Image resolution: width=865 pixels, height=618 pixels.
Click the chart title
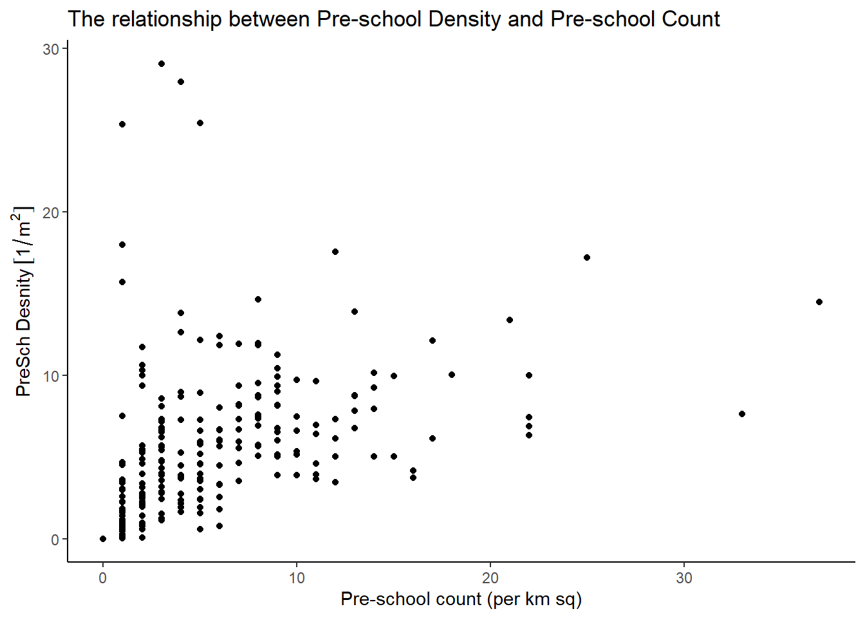(x=393, y=19)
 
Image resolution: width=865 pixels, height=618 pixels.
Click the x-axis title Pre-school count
(x=461, y=599)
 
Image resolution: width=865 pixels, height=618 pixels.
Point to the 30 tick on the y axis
(x=51, y=50)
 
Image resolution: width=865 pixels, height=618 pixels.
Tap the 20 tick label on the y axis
(x=51, y=213)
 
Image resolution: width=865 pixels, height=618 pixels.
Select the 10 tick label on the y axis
(x=51, y=376)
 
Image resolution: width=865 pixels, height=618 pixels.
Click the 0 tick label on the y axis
(x=55, y=539)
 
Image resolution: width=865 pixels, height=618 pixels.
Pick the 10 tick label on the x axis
(x=297, y=578)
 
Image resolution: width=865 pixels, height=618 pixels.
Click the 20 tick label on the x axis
(x=490, y=578)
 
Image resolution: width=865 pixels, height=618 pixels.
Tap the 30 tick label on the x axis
(x=684, y=578)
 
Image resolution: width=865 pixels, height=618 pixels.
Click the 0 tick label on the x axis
(x=103, y=578)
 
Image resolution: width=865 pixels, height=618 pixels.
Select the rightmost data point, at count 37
(x=819, y=302)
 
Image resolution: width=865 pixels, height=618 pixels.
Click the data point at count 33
(x=742, y=414)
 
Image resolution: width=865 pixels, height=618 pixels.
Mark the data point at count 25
(x=587, y=257)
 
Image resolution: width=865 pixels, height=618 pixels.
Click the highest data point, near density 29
(x=162, y=64)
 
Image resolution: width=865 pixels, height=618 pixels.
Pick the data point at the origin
(x=103, y=539)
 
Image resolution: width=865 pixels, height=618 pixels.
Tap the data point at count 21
(x=510, y=320)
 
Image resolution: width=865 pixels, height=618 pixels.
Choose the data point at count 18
(x=452, y=375)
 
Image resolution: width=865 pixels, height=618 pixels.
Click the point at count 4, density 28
(x=181, y=82)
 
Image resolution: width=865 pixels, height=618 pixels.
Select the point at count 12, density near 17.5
(x=335, y=252)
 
